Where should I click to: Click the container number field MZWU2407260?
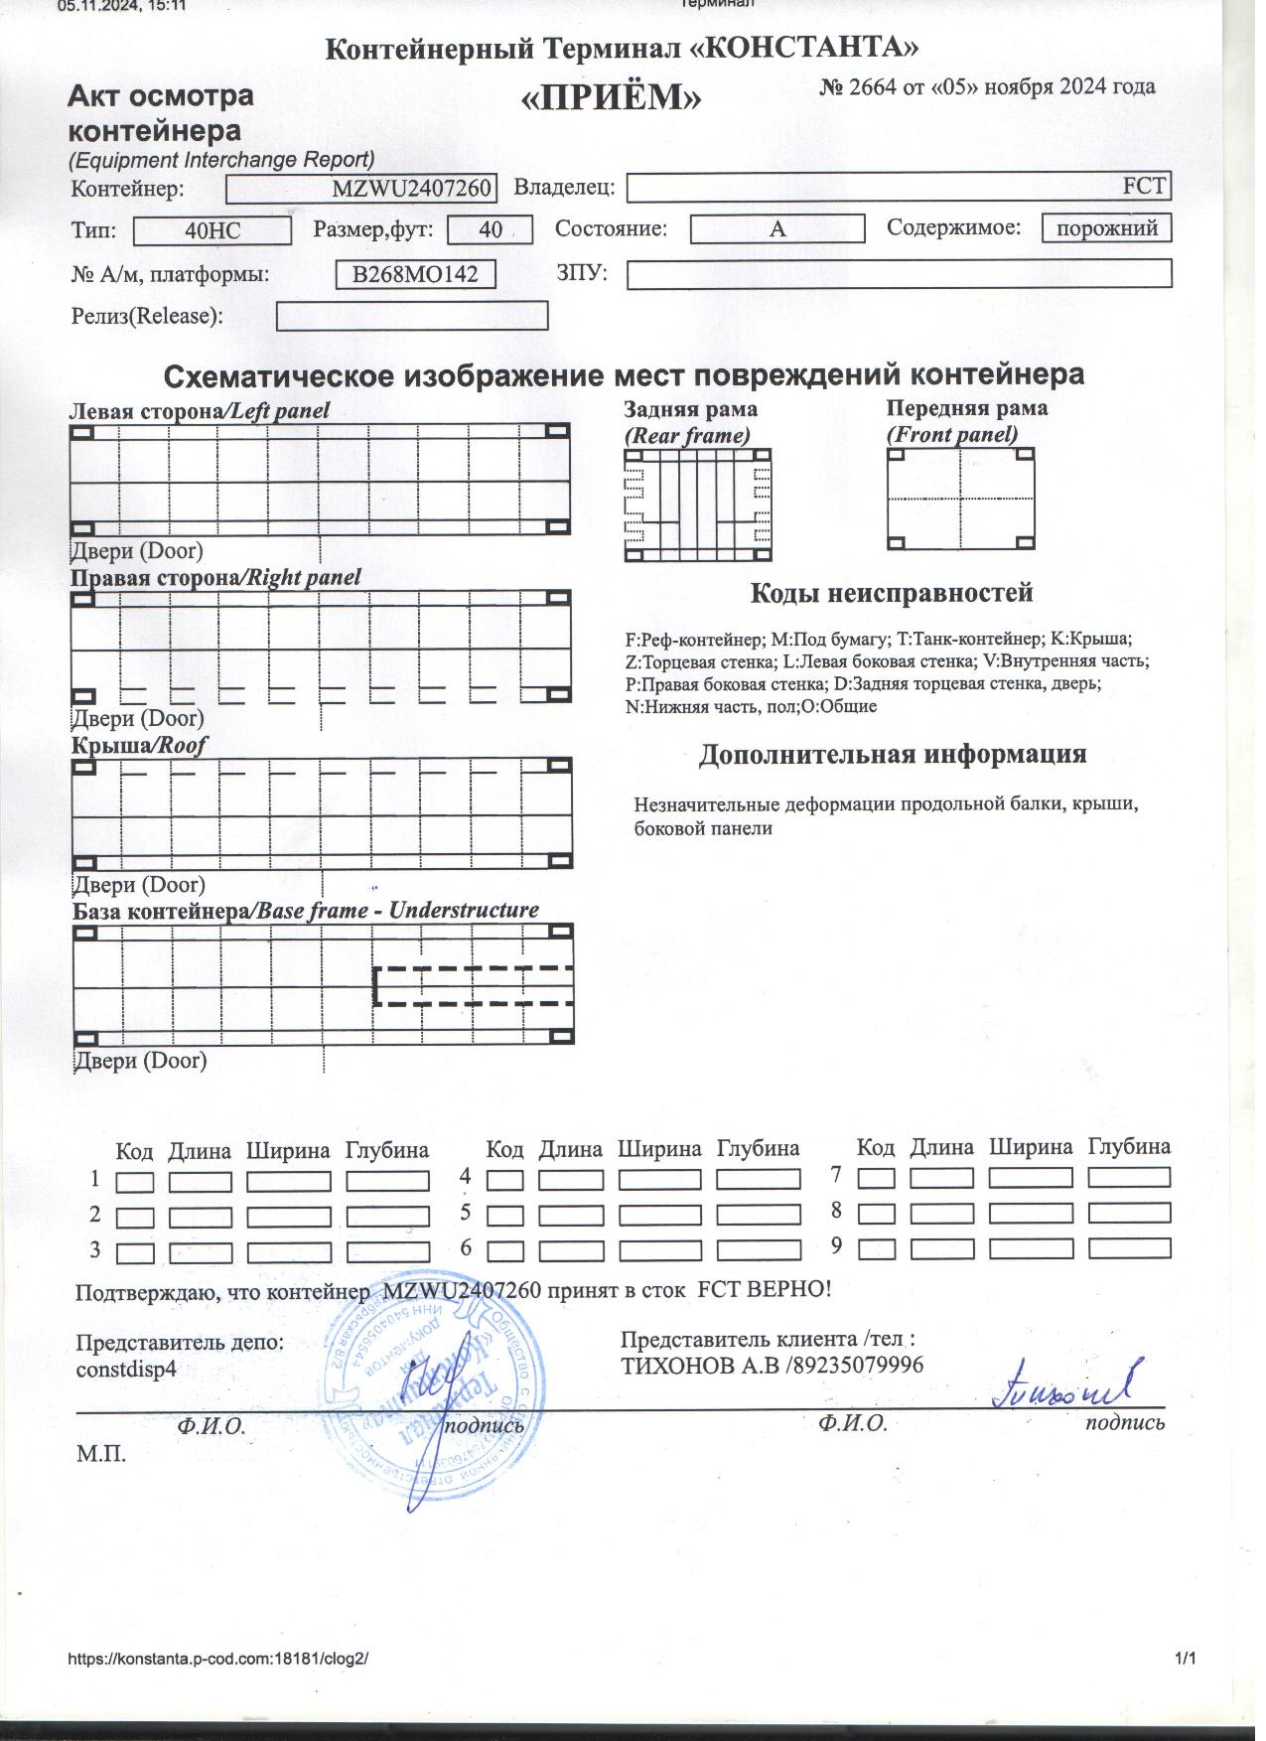[x=360, y=189]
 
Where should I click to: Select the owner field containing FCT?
[x=899, y=187]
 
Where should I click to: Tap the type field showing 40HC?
[x=212, y=231]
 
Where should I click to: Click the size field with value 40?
[x=490, y=230]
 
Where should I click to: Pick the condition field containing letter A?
[x=776, y=229]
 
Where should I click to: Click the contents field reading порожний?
[x=1106, y=228]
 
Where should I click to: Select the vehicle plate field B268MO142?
[x=416, y=274]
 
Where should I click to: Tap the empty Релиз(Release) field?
[x=412, y=317]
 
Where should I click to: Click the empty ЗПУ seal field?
[x=899, y=274]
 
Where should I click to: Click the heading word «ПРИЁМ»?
[x=612, y=97]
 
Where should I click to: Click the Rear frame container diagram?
[x=697, y=505]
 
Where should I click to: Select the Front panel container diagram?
[x=960, y=499]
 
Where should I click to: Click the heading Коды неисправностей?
[x=891, y=594]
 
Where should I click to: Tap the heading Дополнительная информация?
[x=892, y=755]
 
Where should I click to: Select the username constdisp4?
[x=126, y=1369]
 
